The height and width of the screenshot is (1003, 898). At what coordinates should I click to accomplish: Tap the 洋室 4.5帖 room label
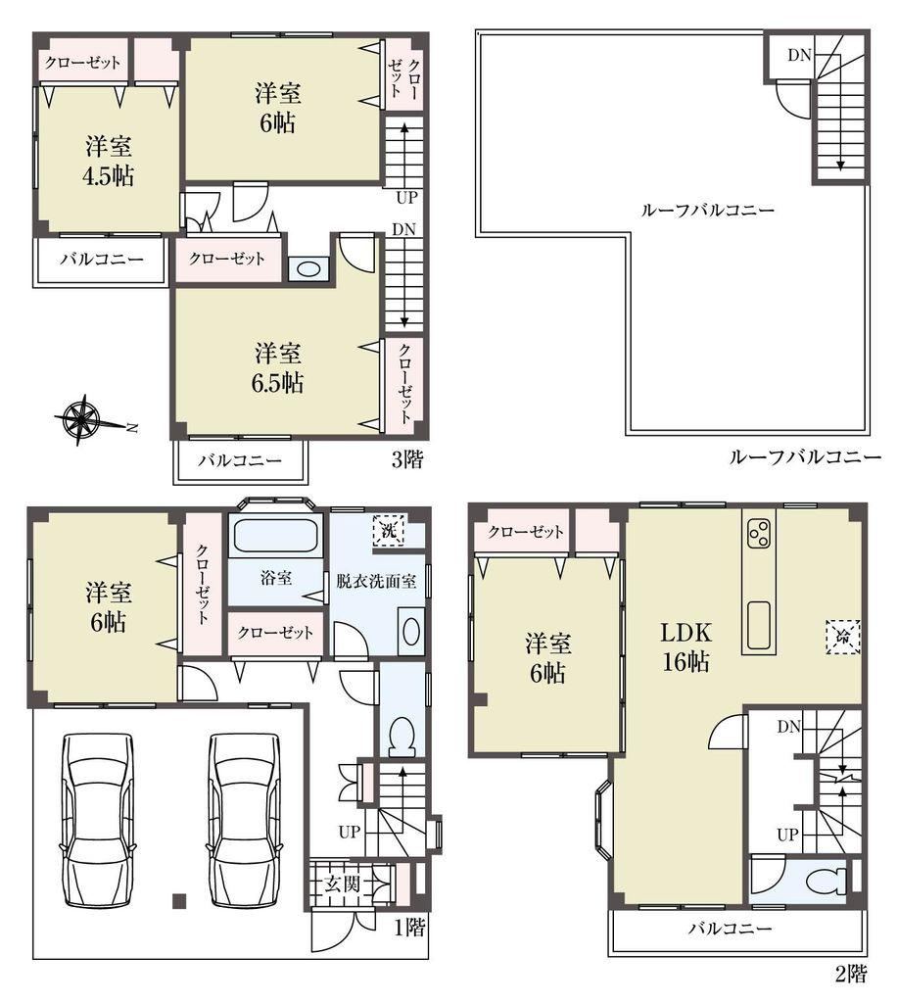pos(109,162)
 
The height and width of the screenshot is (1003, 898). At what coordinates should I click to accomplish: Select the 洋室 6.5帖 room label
pos(277,368)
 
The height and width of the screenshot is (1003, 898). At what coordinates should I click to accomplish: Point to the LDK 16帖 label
pos(685,646)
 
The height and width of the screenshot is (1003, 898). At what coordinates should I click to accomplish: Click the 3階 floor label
pos(407,459)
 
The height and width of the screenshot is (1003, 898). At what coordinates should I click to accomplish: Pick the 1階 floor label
pos(409,927)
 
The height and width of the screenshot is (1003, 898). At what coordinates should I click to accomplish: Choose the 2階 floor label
pos(851,975)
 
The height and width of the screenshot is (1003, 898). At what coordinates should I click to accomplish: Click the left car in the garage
pos(99,820)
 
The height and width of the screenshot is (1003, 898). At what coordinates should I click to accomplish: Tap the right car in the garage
pos(244,820)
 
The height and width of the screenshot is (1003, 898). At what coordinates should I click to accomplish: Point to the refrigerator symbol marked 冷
pos(843,637)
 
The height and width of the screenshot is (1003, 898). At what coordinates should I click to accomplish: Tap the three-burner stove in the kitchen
pos(759,534)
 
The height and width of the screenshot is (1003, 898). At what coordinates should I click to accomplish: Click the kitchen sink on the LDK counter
pos(759,624)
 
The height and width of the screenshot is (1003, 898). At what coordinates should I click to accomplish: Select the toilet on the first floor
pos(402,736)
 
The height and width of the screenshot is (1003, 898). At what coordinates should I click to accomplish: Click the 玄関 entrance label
pos(342,884)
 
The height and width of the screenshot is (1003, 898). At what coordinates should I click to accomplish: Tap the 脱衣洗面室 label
pos(377,581)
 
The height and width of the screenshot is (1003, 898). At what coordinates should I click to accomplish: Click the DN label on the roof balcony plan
pos(799,56)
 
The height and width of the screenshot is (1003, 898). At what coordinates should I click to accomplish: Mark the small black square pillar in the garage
pos(179,901)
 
